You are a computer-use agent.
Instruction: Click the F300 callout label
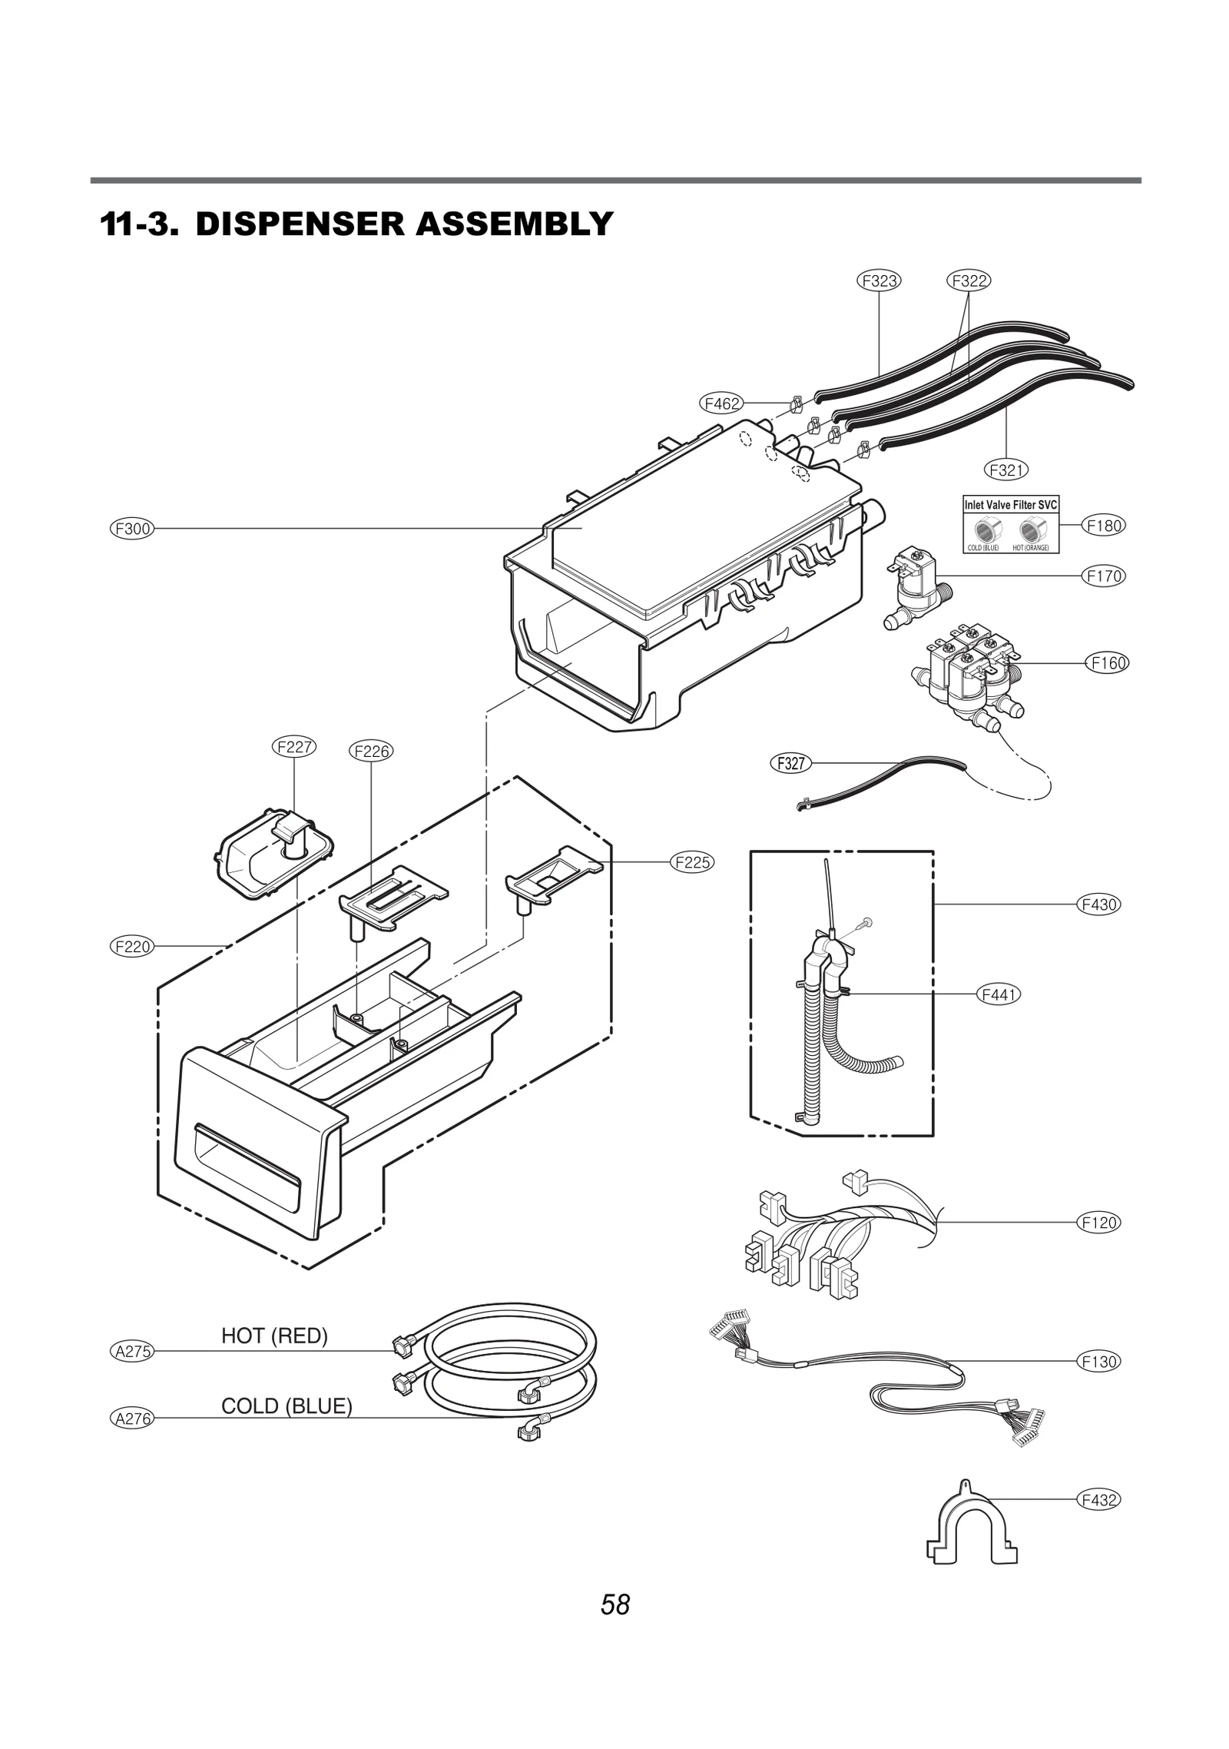132,529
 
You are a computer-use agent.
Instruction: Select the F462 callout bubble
722,403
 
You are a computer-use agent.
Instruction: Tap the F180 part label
1104,526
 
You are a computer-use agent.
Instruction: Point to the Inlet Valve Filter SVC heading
1010,505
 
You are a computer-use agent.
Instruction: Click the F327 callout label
790,763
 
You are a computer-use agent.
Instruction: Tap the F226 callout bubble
371,752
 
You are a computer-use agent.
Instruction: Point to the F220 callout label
132,947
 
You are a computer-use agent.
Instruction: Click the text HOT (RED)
274,1336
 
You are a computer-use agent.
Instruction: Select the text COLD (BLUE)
287,1406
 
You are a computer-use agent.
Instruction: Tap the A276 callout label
132,1419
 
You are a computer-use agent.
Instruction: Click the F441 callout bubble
999,995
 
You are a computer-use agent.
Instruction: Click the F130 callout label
1098,1362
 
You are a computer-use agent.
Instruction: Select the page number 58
615,1605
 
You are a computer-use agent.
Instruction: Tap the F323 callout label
879,280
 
